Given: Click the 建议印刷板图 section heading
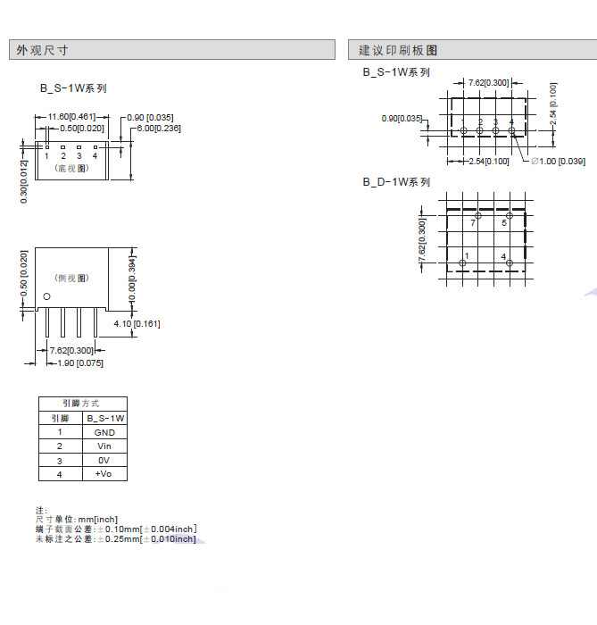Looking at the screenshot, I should (x=398, y=51).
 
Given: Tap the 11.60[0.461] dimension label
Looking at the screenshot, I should (x=71, y=117).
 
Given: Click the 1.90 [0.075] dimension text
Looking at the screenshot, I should (x=79, y=362).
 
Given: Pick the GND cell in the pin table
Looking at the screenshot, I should (x=104, y=432).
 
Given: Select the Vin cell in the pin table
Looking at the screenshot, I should (x=104, y=446).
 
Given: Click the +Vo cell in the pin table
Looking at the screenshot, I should (x=104, y=473).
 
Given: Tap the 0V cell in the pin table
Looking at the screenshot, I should (x=104, y=460).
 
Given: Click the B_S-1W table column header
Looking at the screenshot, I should (x=104, y=418).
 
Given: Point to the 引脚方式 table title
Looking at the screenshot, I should (x=81, y=404).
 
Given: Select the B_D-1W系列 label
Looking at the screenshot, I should (x=396, y=181).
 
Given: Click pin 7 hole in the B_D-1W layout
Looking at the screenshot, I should (x=478, y=216).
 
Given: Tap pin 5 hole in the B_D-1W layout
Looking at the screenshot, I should (x=510, y=216).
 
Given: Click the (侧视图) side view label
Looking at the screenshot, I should (x=72, y=279).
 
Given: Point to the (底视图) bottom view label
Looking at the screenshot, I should (x=70, y=168).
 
